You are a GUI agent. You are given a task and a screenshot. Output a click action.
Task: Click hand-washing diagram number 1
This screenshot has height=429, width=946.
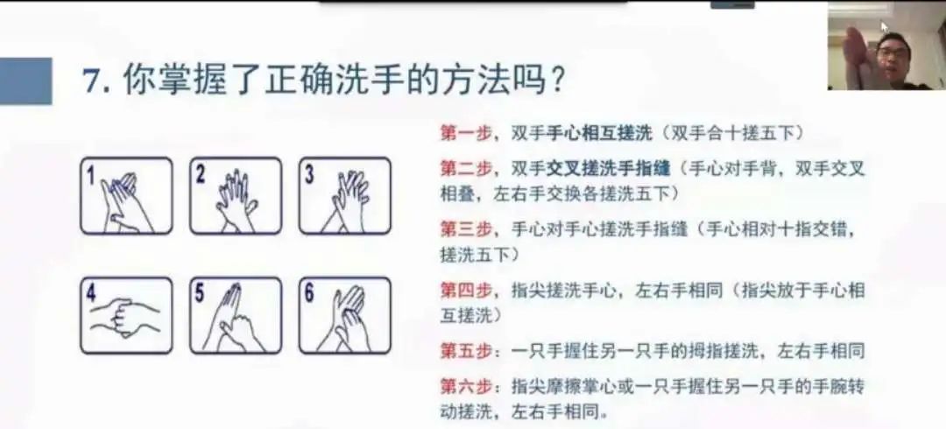point(126,195)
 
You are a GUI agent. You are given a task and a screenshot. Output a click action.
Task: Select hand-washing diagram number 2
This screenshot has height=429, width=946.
point(236,195)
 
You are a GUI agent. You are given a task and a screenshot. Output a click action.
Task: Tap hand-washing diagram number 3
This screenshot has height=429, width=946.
point(344,195)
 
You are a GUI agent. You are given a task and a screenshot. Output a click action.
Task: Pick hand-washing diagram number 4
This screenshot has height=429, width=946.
point(126,315)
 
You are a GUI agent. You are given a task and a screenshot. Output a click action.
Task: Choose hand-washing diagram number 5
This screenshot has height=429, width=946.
point(236,315)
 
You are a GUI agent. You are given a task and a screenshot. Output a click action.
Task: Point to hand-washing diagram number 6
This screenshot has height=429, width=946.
point(344,315)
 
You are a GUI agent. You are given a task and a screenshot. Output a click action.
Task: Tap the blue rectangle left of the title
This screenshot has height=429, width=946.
point(25,81)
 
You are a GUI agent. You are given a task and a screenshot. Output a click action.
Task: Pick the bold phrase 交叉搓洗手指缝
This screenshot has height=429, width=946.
point(609,169)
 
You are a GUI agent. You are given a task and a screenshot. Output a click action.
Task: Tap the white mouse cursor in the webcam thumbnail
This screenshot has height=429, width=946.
point(885,27)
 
